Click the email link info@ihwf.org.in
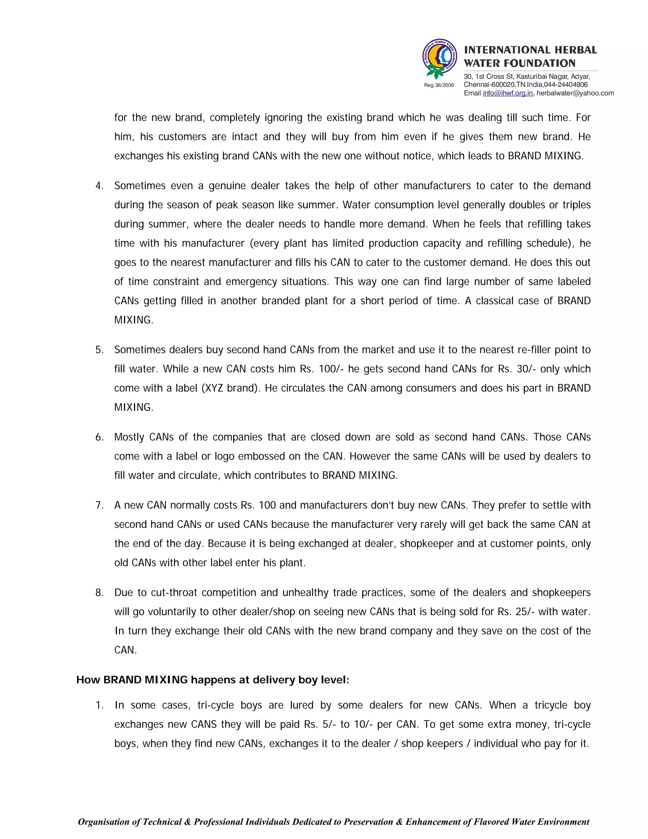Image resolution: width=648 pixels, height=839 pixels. (x=508, y=93)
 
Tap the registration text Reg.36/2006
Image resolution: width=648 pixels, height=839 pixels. (x=439, y=85)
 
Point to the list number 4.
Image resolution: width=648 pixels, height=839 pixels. (x=99, y=186)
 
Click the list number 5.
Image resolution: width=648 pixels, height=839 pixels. (x=99, y=350)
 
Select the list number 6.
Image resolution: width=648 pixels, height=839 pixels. (x=99, y=437)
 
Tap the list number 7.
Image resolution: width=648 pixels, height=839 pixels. (x=99, y=505)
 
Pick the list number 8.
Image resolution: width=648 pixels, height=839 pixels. (x=99, y=592)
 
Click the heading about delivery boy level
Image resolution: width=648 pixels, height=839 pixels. (x=213, y=680)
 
